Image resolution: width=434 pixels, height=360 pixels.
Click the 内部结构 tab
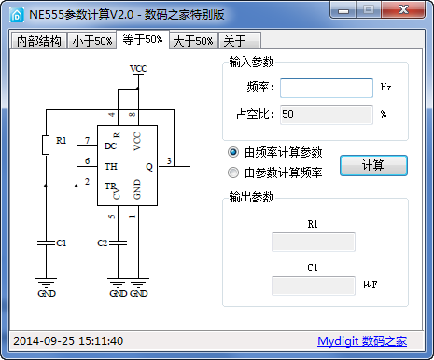click(39, 41)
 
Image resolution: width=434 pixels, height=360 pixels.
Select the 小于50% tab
click(92, 41)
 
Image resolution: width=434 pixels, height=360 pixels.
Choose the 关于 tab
click(232, 41)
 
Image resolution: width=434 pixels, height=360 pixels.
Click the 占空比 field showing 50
click(326, 115)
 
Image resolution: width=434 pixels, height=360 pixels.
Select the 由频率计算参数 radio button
click(233, 152)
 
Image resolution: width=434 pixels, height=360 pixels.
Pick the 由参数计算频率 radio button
click(233, 173)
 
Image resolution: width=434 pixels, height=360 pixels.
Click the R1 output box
click(313, 242)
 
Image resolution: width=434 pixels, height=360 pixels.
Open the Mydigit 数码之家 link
click(362, 341)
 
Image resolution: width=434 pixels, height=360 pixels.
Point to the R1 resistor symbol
click(47, 144)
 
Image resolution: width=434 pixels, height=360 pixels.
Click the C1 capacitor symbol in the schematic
click(47, 242)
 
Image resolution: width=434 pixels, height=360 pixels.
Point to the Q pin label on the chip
click(148, 166)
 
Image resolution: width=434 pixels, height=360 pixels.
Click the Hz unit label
click(385, 88)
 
